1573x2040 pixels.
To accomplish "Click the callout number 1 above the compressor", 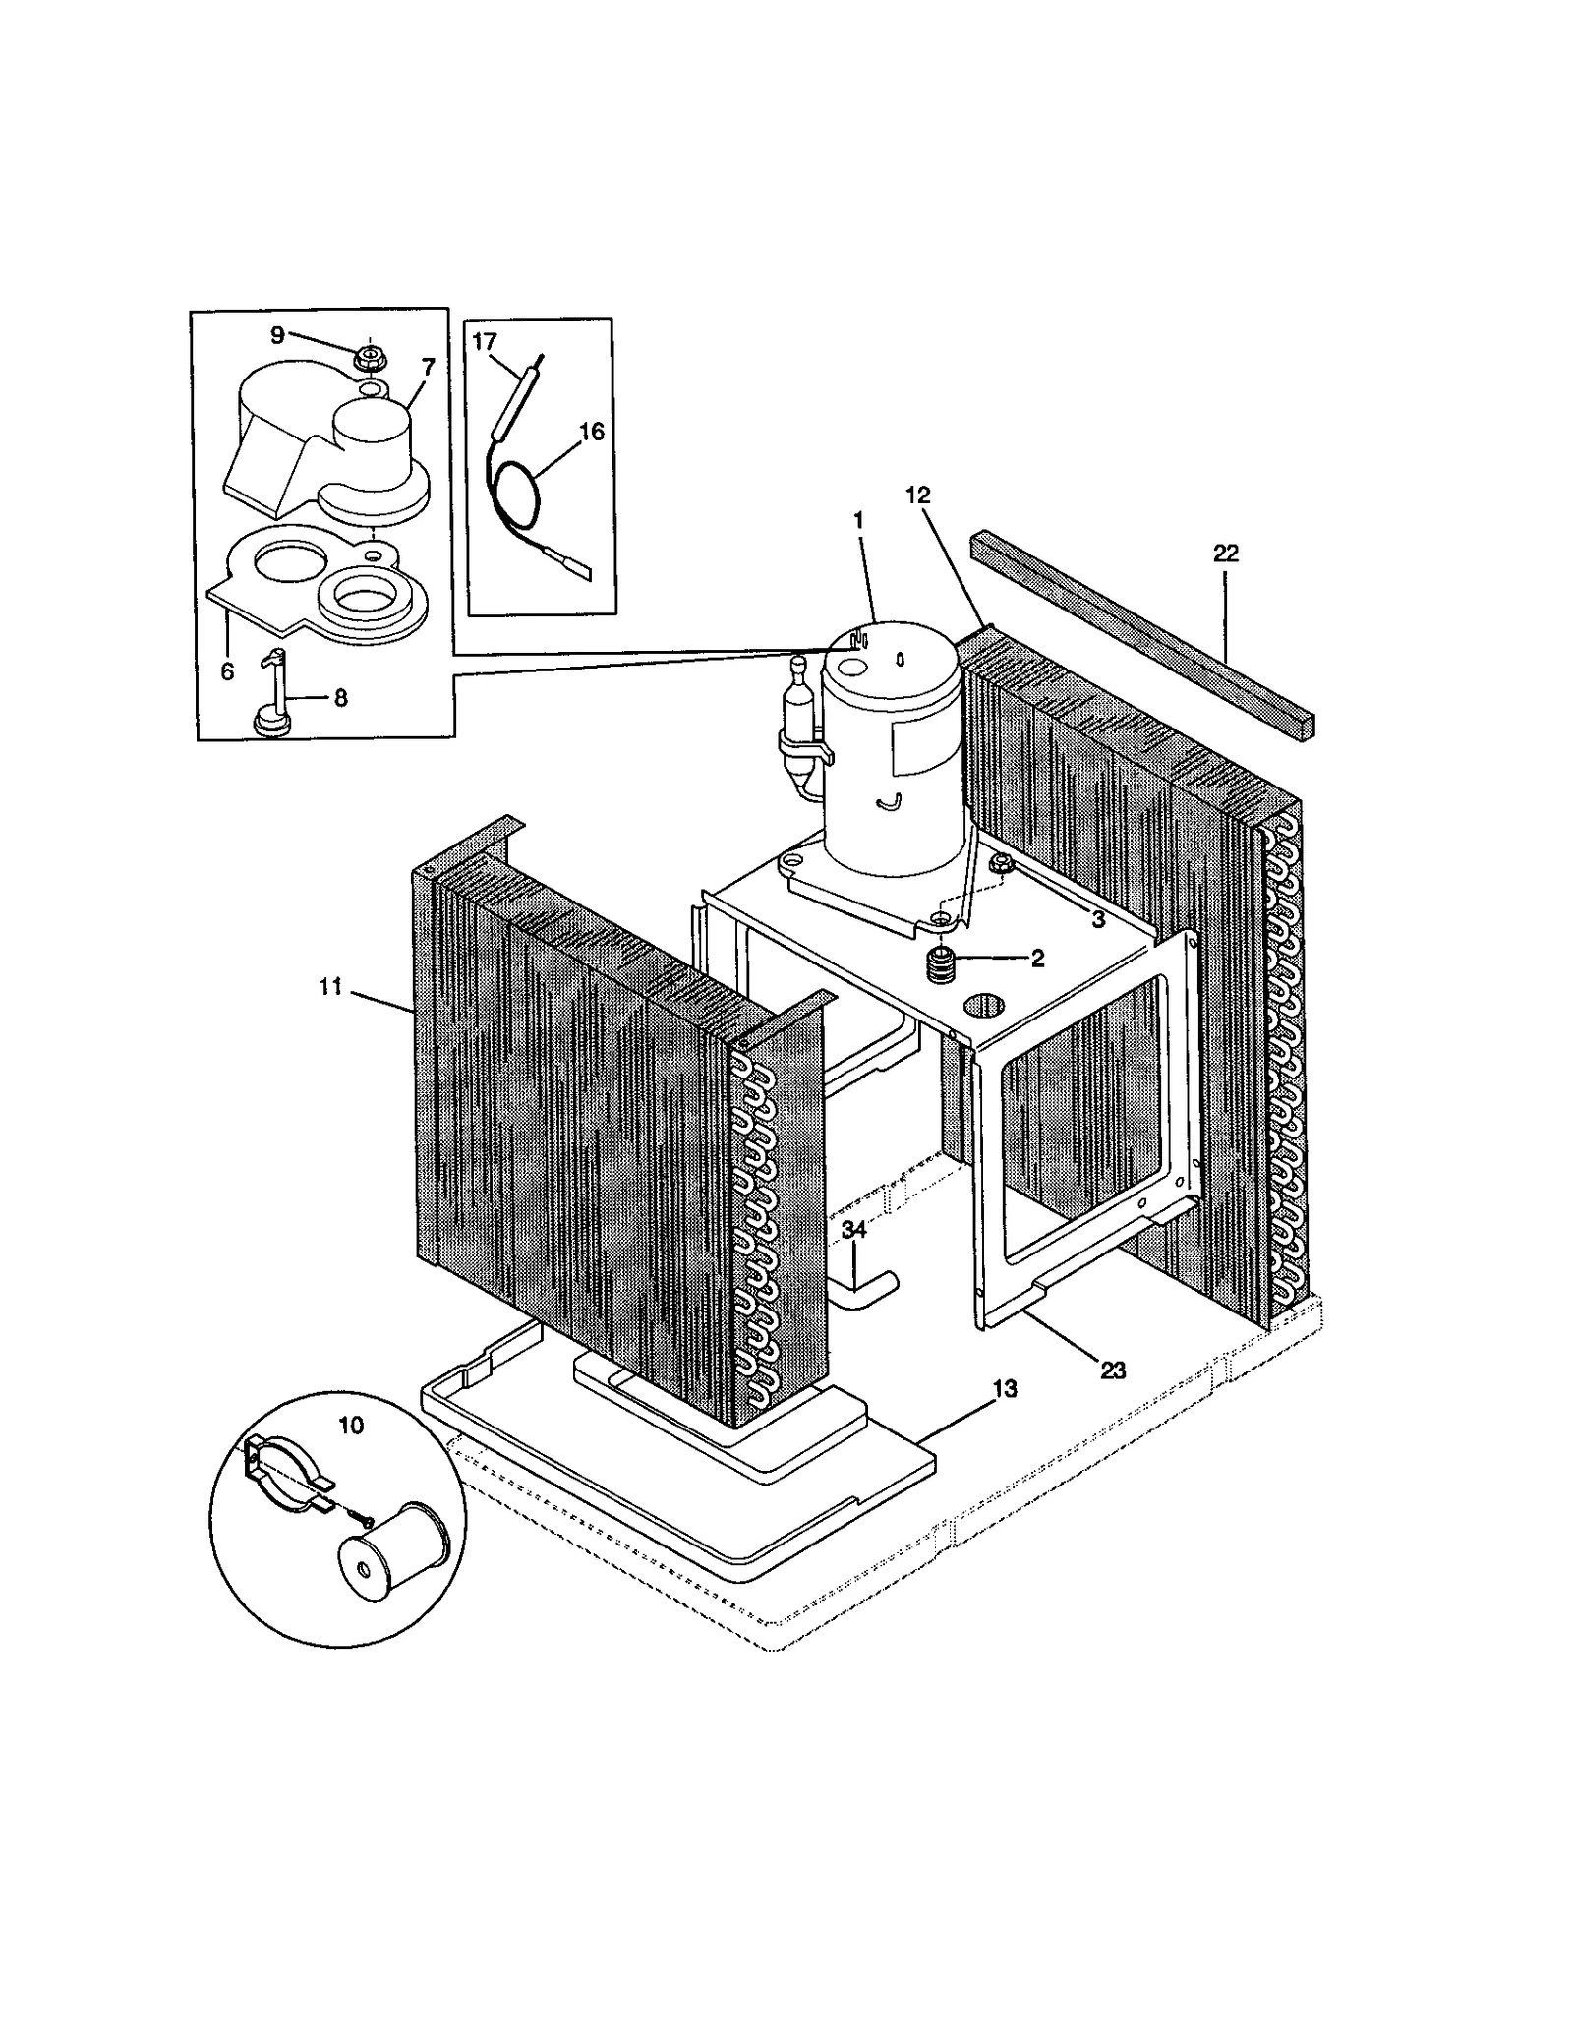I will click(858, 519).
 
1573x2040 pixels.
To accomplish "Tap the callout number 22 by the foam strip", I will click(1225, 554).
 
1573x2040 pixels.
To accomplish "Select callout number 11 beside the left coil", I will click(330, 986).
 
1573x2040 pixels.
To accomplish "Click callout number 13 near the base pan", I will click(1005, 1388).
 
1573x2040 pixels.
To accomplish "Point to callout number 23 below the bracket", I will click(1112, 1370).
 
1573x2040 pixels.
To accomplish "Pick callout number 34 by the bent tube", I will click(853, 1230).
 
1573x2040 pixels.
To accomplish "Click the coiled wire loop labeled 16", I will click(511, 496).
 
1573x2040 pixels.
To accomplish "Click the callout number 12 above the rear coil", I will click(917, 495).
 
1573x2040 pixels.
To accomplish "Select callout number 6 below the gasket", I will click(227, 670).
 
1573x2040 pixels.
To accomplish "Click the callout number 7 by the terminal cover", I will click(428, 367).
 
